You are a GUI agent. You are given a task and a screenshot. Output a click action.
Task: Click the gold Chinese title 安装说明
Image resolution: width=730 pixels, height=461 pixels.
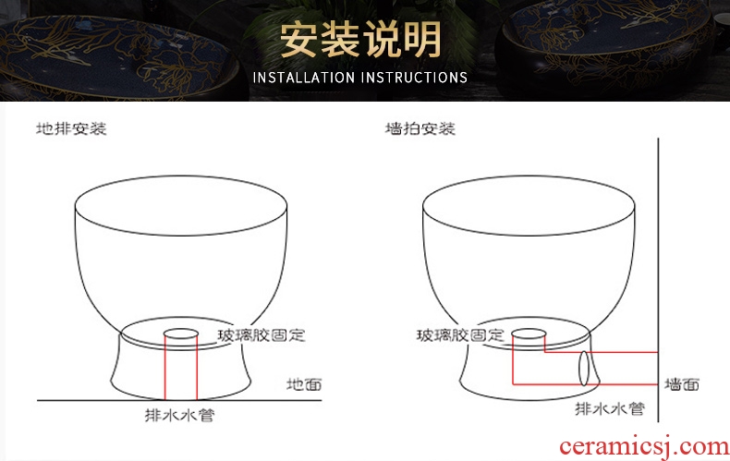360,40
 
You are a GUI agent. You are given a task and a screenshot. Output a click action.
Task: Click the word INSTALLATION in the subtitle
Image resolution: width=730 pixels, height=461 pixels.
303,78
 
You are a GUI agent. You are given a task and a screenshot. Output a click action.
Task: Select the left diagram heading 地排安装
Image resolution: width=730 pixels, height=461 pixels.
71,128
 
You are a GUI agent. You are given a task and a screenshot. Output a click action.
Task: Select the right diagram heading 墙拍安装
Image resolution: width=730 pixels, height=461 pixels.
420,128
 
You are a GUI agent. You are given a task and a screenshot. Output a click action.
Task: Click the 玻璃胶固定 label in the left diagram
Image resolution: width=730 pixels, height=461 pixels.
262,335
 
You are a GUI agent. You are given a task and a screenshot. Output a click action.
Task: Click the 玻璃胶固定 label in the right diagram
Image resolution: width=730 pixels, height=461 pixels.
460,335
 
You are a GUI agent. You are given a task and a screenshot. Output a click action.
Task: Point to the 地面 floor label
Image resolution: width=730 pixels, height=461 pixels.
304,384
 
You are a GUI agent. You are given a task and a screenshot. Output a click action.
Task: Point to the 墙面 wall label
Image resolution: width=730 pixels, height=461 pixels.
682,384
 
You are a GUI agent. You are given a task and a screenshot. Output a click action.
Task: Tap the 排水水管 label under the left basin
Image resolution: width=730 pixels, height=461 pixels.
179,415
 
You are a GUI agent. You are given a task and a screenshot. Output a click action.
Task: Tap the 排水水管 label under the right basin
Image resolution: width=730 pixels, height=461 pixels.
610,409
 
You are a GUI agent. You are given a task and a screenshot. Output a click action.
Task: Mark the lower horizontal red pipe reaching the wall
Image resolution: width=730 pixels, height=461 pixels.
585,384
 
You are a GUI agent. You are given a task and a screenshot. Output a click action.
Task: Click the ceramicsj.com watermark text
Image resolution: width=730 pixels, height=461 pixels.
644,446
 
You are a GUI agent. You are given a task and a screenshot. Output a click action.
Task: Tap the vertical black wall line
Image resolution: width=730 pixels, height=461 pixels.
658,280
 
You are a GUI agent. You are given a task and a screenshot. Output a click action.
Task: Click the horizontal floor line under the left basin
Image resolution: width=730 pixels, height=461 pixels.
179,400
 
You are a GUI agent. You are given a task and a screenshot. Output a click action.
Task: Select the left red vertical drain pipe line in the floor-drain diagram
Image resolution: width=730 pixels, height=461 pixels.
165,367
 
